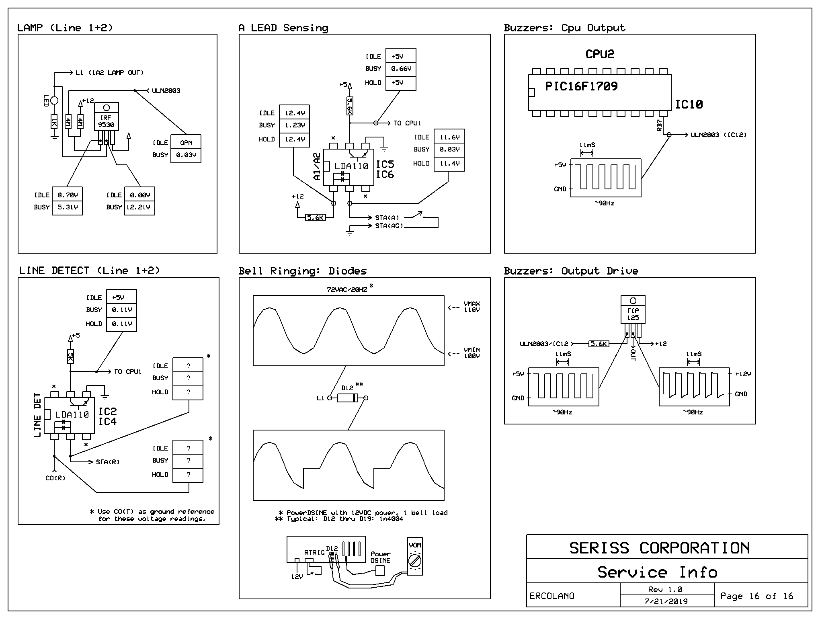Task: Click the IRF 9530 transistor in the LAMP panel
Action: coord(107,117)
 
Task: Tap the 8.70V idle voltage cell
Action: coord(67,195)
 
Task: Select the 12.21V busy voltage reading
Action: coord(139,207)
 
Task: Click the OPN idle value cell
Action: coord(186,143)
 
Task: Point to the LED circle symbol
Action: coord(54,100)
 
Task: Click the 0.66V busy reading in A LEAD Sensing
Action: coord(401,69)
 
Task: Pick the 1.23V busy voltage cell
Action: coord(295,125)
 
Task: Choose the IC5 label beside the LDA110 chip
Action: coord(385,164)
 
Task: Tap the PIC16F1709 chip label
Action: coord(581,86)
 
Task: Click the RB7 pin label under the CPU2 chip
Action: coord(660,125)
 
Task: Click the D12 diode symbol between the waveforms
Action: coord(347,398)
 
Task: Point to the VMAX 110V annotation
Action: coord(471,307)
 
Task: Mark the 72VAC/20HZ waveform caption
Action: coord(347,289)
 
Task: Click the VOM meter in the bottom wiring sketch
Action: coord(415,557)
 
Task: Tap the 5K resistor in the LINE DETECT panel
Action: coord(70,356)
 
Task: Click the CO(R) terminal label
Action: coord(55,478)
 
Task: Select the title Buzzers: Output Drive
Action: coord(571,271)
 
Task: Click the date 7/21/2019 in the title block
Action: coord(666,602)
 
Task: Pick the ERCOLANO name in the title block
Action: coord(552,596)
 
